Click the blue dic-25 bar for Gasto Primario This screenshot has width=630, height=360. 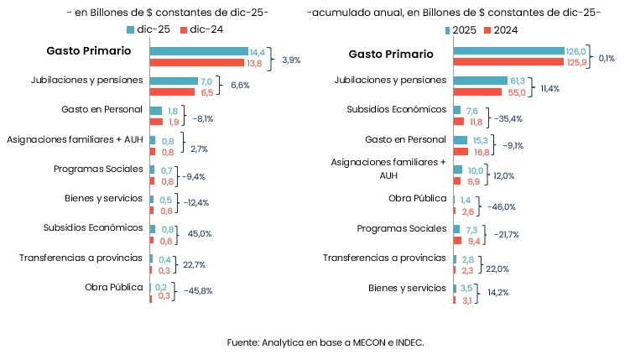(x=198, y=52)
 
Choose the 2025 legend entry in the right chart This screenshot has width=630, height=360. (x=462, y=30)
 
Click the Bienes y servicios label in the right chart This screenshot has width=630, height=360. (x=406, y=288)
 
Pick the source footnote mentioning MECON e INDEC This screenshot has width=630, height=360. (x=325, y=342)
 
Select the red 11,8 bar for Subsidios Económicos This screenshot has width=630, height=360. (x=459, y=122)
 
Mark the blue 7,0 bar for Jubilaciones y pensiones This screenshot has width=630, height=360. (x=173, y=81)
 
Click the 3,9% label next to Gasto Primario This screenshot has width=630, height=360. (x=291, y=60)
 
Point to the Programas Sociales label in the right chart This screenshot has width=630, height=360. (x=401, y=228)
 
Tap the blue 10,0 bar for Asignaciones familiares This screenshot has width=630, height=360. (x=457, y=170)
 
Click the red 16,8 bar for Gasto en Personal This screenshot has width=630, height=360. (x=461, y=151)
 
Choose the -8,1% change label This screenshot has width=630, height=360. (x=202, y=119)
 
